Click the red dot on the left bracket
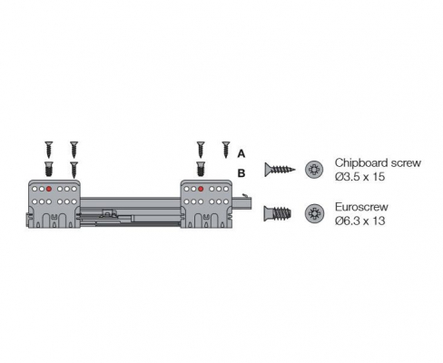[x=49, y=189]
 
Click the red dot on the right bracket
[x=201, y=189]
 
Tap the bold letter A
[x=241, y=153]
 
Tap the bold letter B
[x=241, y=173]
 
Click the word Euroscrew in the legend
[x=361, y=207]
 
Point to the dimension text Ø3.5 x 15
[x=359, y=176]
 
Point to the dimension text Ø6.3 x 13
[x=359, y=221]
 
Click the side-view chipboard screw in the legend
[x=280, y=170]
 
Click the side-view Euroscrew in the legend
[x=278, y=213]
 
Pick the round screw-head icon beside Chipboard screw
[x=314, y=170]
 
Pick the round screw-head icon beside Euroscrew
[x=314, y=213]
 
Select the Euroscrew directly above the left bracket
[x=49, y=169]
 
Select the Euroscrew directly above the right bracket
[x=201, y=169]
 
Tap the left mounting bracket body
[x=54, y=203]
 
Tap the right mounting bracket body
[x=206, y=203]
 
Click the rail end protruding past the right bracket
[x=242, y=202]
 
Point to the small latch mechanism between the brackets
[x=109, y=213]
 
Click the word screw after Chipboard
[x=406, y=163]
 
